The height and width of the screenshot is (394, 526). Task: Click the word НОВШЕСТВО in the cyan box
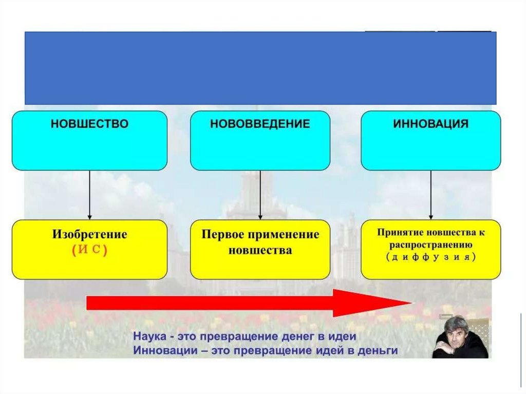(x=89, y=124)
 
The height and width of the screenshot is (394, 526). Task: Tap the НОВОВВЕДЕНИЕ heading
(x=260, y=124)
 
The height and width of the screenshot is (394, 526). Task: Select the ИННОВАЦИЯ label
(x=430, y=124)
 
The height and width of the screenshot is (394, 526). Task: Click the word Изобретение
(x=89, y=235)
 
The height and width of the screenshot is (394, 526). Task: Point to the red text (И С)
(x=89, y=250)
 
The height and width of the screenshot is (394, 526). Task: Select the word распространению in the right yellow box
(x=430, y=246)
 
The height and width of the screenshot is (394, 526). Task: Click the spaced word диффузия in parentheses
(x=430, y=257)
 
